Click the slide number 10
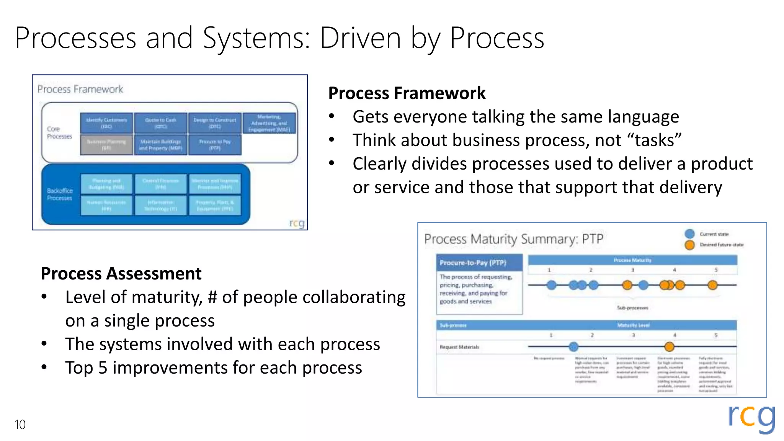tap(20, 425)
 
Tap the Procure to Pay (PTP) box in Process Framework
tap(215, 145)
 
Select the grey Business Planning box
tap(106, 145)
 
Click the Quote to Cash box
tap(160, 123)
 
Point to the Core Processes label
tap(59, 133)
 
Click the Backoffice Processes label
tap(59, 194)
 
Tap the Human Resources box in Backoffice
tap(106, 206)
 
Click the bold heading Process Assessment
tap(121, 274)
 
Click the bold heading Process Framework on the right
tap(407, 93)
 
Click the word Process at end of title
tap(497, 38)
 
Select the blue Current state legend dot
tap(689, 234)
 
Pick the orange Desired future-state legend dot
tap(689, 245)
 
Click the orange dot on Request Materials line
tap(669, 347)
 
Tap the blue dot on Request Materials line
tap(573, 347)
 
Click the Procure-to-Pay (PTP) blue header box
tap(479, 263)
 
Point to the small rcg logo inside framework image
tap(297, 223)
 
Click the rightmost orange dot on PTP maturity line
tap(712, 285)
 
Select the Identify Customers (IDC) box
tap(106, 123)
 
